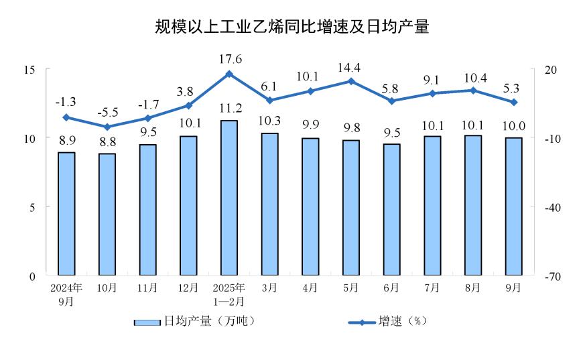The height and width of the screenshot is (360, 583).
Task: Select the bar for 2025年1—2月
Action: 229,198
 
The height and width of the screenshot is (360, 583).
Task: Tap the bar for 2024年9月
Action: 66,214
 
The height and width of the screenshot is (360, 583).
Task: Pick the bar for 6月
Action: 391,209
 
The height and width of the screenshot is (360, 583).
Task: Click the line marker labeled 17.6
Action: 229,74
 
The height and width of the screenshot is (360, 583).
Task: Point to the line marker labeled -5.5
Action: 107,127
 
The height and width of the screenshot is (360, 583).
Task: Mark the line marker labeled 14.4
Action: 351,81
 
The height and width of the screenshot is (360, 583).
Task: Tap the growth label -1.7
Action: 147,104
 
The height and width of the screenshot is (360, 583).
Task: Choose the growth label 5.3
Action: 513,88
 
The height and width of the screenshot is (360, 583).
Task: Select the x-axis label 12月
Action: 188,288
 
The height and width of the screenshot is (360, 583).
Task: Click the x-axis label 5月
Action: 351,288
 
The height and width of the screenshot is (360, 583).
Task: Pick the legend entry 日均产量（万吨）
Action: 195,322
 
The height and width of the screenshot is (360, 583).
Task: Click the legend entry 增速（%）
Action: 388,322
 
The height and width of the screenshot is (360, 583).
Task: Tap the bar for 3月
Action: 269,204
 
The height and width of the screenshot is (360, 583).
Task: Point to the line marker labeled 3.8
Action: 188,105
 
